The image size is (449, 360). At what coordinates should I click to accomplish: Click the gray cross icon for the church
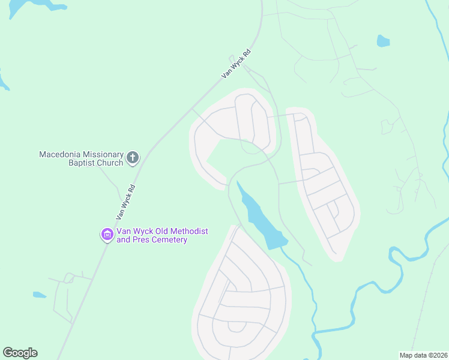133,158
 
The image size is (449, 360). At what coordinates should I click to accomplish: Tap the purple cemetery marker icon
107,235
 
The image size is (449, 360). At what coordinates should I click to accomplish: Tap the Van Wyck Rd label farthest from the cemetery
235,64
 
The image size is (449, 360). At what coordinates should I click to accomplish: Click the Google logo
20,353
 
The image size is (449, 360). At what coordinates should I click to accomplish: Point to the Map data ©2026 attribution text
423,355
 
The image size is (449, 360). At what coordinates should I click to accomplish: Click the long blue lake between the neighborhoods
259,216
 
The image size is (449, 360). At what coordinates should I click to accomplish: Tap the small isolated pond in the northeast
382,41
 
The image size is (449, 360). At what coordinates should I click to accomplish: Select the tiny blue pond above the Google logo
39,295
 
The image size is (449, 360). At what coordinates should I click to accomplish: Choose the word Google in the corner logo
20,353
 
